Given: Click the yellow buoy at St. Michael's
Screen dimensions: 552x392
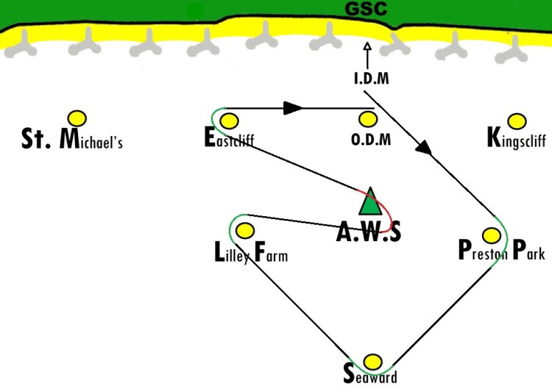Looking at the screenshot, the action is [x=77, y=118].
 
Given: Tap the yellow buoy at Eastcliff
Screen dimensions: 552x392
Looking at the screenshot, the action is [x=229, y=121].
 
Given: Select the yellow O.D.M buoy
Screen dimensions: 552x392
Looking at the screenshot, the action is [x=368, y=119].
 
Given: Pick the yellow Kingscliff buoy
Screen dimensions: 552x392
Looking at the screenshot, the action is [x=517, y=121].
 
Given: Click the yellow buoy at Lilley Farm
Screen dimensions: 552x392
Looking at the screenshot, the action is [x=245, y=230].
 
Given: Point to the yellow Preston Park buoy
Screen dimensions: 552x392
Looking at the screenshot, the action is [x=492, y=235].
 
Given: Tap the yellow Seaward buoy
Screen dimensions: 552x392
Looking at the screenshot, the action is [x=372, y=362].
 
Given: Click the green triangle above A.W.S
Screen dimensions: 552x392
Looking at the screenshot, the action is [x=370, y=202].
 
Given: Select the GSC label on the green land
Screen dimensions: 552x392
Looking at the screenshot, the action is [x=366, y=9].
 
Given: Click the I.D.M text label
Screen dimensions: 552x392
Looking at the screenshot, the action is [x=372, y=79].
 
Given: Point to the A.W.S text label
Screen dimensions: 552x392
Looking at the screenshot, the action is [x=369, y=232].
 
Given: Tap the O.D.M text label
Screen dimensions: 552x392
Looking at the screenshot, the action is [x=371, y=139].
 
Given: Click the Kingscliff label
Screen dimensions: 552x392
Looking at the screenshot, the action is [x=517, y=138].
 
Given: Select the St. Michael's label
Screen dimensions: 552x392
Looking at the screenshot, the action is [x=72, y=139].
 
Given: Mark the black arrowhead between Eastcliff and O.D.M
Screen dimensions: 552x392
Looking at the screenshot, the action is [x=292, y=108].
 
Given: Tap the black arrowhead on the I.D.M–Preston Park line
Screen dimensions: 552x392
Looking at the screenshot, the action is [x=424, y=147].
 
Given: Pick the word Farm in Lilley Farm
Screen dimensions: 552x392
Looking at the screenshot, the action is [x=271, y=252].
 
